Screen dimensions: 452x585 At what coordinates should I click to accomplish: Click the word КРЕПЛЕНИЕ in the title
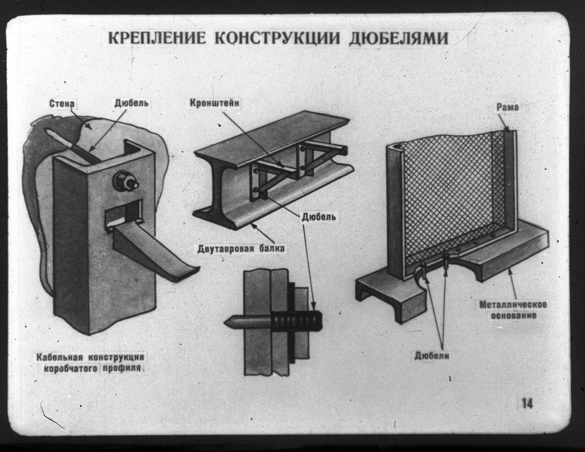[157, 38]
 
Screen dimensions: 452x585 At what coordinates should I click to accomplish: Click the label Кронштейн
[214, 103]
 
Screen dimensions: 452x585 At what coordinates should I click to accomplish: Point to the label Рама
[507, 107]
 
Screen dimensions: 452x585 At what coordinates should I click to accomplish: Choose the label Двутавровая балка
[241, 249]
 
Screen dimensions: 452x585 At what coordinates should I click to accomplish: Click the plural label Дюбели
[432, 356]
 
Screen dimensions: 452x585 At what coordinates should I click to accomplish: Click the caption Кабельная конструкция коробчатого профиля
[90, 363]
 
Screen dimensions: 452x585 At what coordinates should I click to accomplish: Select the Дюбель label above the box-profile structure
[131, 103]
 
